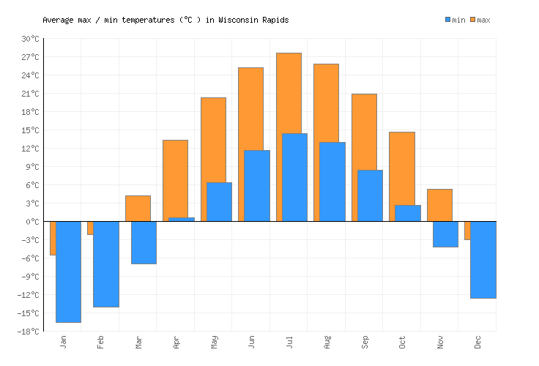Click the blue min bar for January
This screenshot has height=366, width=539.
pyautogui.click(x=68, y=272)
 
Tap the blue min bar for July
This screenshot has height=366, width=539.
pyautogui.click(x=294, y=177)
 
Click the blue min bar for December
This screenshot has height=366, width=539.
pyautogui.click(x=483, y=260)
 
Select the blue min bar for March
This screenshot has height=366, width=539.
pyautogui.click(x=144, y=242)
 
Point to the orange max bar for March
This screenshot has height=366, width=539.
pyautogui.click(x=138, y=208)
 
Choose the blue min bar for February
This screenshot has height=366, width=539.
pyautogui.click(x=106, y=264)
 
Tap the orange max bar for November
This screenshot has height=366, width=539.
pyautogui.click(x=439, y=205)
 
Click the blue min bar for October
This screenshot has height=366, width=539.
pyautogui.click(x=408, y=213)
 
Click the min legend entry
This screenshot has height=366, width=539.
pyautogui.click(x=455, y=20)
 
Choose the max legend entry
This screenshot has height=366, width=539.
pyautogui.click(x=480, y=20)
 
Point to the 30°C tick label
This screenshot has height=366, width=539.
pyautogui.click(x=30, y=39)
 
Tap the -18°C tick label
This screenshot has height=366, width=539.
pyautogui.click(x=29, y=332)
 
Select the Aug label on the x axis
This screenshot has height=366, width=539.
pyautogui.click(x=327, y=342)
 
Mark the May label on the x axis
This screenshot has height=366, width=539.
pyautogui.click(x=214, y=342)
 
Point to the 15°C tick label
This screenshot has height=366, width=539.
pyautogui.click(x=30, y=130)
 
